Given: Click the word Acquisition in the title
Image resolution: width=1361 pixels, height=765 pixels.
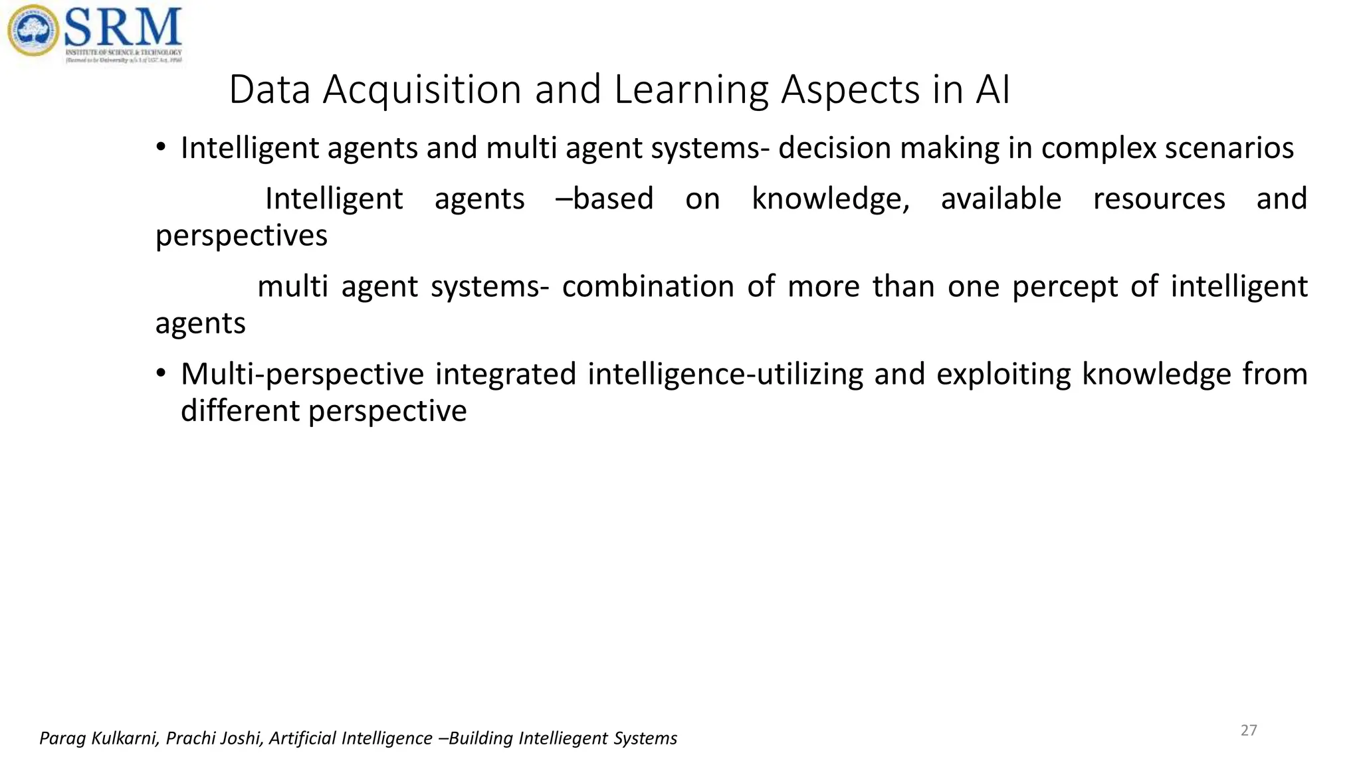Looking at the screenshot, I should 422,90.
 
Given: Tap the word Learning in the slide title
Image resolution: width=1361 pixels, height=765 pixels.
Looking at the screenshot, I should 691,90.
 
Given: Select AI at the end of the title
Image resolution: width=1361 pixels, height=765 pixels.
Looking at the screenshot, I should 993,90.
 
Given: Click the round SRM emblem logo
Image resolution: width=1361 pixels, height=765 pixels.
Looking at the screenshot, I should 33,31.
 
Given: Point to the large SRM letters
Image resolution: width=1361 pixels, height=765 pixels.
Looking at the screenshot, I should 123,27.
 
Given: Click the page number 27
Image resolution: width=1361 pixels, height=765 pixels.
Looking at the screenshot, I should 1249,730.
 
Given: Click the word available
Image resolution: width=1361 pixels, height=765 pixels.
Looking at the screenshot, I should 1001,199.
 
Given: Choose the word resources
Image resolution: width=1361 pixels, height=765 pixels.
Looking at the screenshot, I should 1159,199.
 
